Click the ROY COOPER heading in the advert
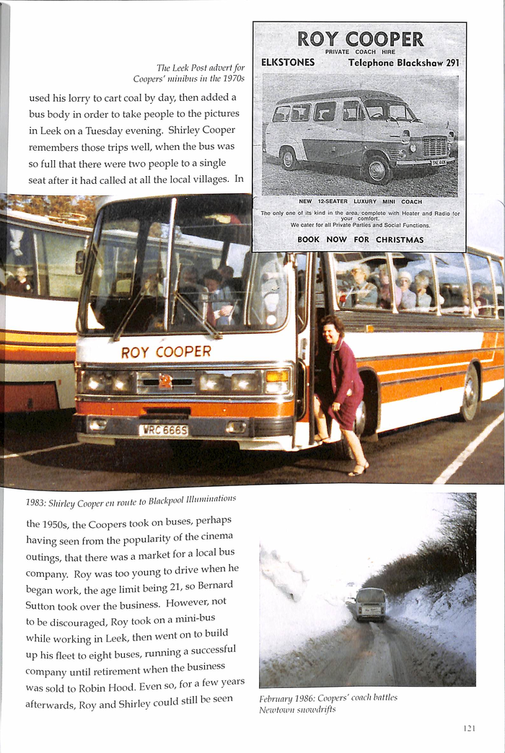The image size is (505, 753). [x=360, y=39]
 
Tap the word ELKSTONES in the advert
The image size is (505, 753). [x=288, y=63]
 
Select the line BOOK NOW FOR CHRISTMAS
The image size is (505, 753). [x=360, y=239]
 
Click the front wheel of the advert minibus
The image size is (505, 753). [x=376, y=169]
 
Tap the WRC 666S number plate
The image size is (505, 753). [x=163, y=430]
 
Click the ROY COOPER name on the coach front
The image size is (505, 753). [x=166, y=352]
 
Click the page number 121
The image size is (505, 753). [x=469, y=728]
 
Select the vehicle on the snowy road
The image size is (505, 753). [x=370, y=604]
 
